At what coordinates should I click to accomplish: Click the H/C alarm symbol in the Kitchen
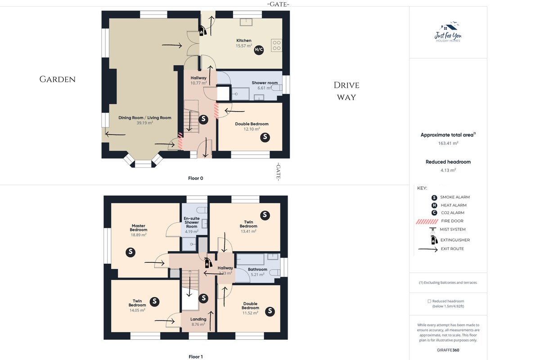(x=259, y=50)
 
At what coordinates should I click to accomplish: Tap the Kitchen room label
(x=244, y=40)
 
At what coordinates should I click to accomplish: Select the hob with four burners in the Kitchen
(x=276, y=45)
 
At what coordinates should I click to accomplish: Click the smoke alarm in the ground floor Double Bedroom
(x=265, y=137)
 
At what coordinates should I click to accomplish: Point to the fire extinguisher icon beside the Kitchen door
(x=202, y=31)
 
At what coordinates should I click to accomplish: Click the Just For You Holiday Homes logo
(x=448, y=32)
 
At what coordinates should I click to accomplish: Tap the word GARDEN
(x=58, y=79)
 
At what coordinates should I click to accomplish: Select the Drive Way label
(x=346, y=91)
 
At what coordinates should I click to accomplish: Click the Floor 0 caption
(x=195, y=178)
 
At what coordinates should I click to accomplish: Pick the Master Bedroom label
(x=139, y=228)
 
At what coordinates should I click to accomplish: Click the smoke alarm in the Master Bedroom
(x=130, y=252)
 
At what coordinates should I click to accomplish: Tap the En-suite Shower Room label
(x=192, y=222)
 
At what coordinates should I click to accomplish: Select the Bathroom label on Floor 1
(x=257, y=270)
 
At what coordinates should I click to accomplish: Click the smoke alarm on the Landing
(x=203, y=298)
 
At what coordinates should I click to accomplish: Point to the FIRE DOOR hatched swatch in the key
(x=427, y=221)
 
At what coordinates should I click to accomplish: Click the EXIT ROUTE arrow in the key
(x=428, y=249)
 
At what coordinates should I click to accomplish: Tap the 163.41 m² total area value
(x=448, y=143)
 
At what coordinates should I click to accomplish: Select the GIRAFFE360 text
(x=448, y=350)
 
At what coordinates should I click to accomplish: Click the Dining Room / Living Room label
(x=144, y=117)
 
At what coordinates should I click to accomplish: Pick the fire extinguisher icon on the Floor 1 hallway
(x=208, y=263)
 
